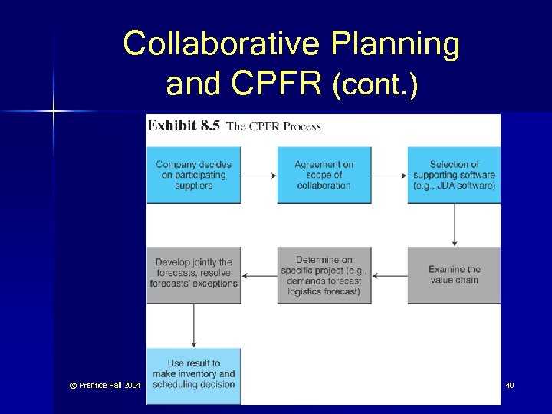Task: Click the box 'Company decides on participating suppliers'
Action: pyautogui.click(x=193, y=175)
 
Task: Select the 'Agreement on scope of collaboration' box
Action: pyautogui.click(x=324, y=175)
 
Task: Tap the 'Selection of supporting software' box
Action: pyautogui.click(x=454, y=175)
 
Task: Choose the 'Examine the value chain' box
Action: pyautogui.click(x=454, y=274)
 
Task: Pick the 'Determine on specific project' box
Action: pyautogui.click(x=324, y=274)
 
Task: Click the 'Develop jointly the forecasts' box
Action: pyautogui.click(x=193, y=274)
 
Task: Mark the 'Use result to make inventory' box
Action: pyautogui.click(x=193, y=375)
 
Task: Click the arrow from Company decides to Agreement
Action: pyautogui.click(x=259, y=176)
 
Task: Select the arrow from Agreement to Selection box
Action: pyautogui.click(x=389, y=176)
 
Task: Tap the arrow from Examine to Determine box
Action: pyautogui.click(x=389, y=274)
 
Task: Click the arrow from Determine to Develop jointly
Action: pyautogui.click(x=259, y=274)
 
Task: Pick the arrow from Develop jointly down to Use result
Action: pyautogui.click(x=194, y=325)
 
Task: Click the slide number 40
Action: pyautogui.click(x=510, y=385)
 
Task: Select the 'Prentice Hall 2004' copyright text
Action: pyautogui.click(x=101, y=385)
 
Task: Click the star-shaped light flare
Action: pyautogui.click(x=54, y=112)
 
